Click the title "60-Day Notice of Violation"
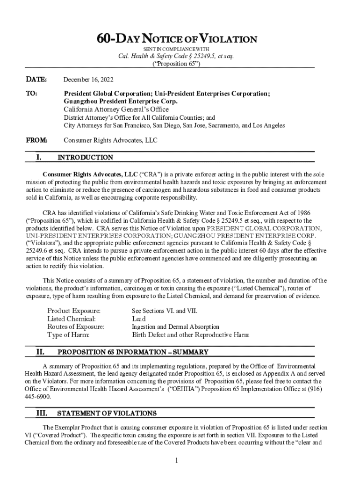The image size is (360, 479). tap(176, 39)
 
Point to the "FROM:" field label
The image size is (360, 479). tap(34, 139)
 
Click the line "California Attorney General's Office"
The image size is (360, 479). tap(116, 109)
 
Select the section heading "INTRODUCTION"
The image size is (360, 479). tap(85, 158)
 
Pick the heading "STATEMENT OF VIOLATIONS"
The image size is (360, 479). tap(107, 414)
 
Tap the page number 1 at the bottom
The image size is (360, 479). tap(177, 461)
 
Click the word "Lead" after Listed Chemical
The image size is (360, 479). tap(139, 319)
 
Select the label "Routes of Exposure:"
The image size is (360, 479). tap(76, 327)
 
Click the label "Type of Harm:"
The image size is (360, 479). tap(68, 335)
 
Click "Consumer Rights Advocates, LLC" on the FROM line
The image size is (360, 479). tap(110, 139)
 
